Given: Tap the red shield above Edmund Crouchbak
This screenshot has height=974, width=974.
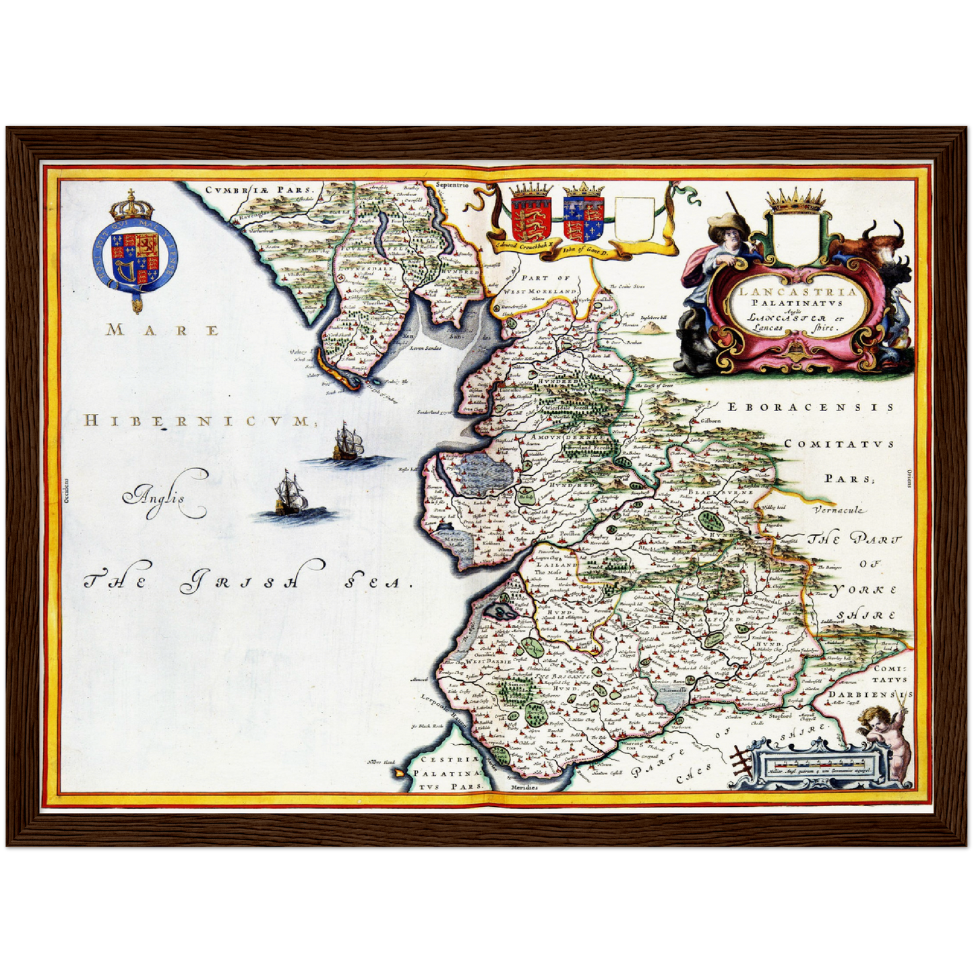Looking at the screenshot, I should (x=526, y=217).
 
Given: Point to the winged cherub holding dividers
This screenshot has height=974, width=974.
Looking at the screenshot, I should (x=886, y=735).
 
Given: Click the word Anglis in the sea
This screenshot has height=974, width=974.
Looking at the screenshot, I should (x=160, y=499).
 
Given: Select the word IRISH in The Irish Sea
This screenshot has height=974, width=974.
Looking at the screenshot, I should (x=239, y=582).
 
